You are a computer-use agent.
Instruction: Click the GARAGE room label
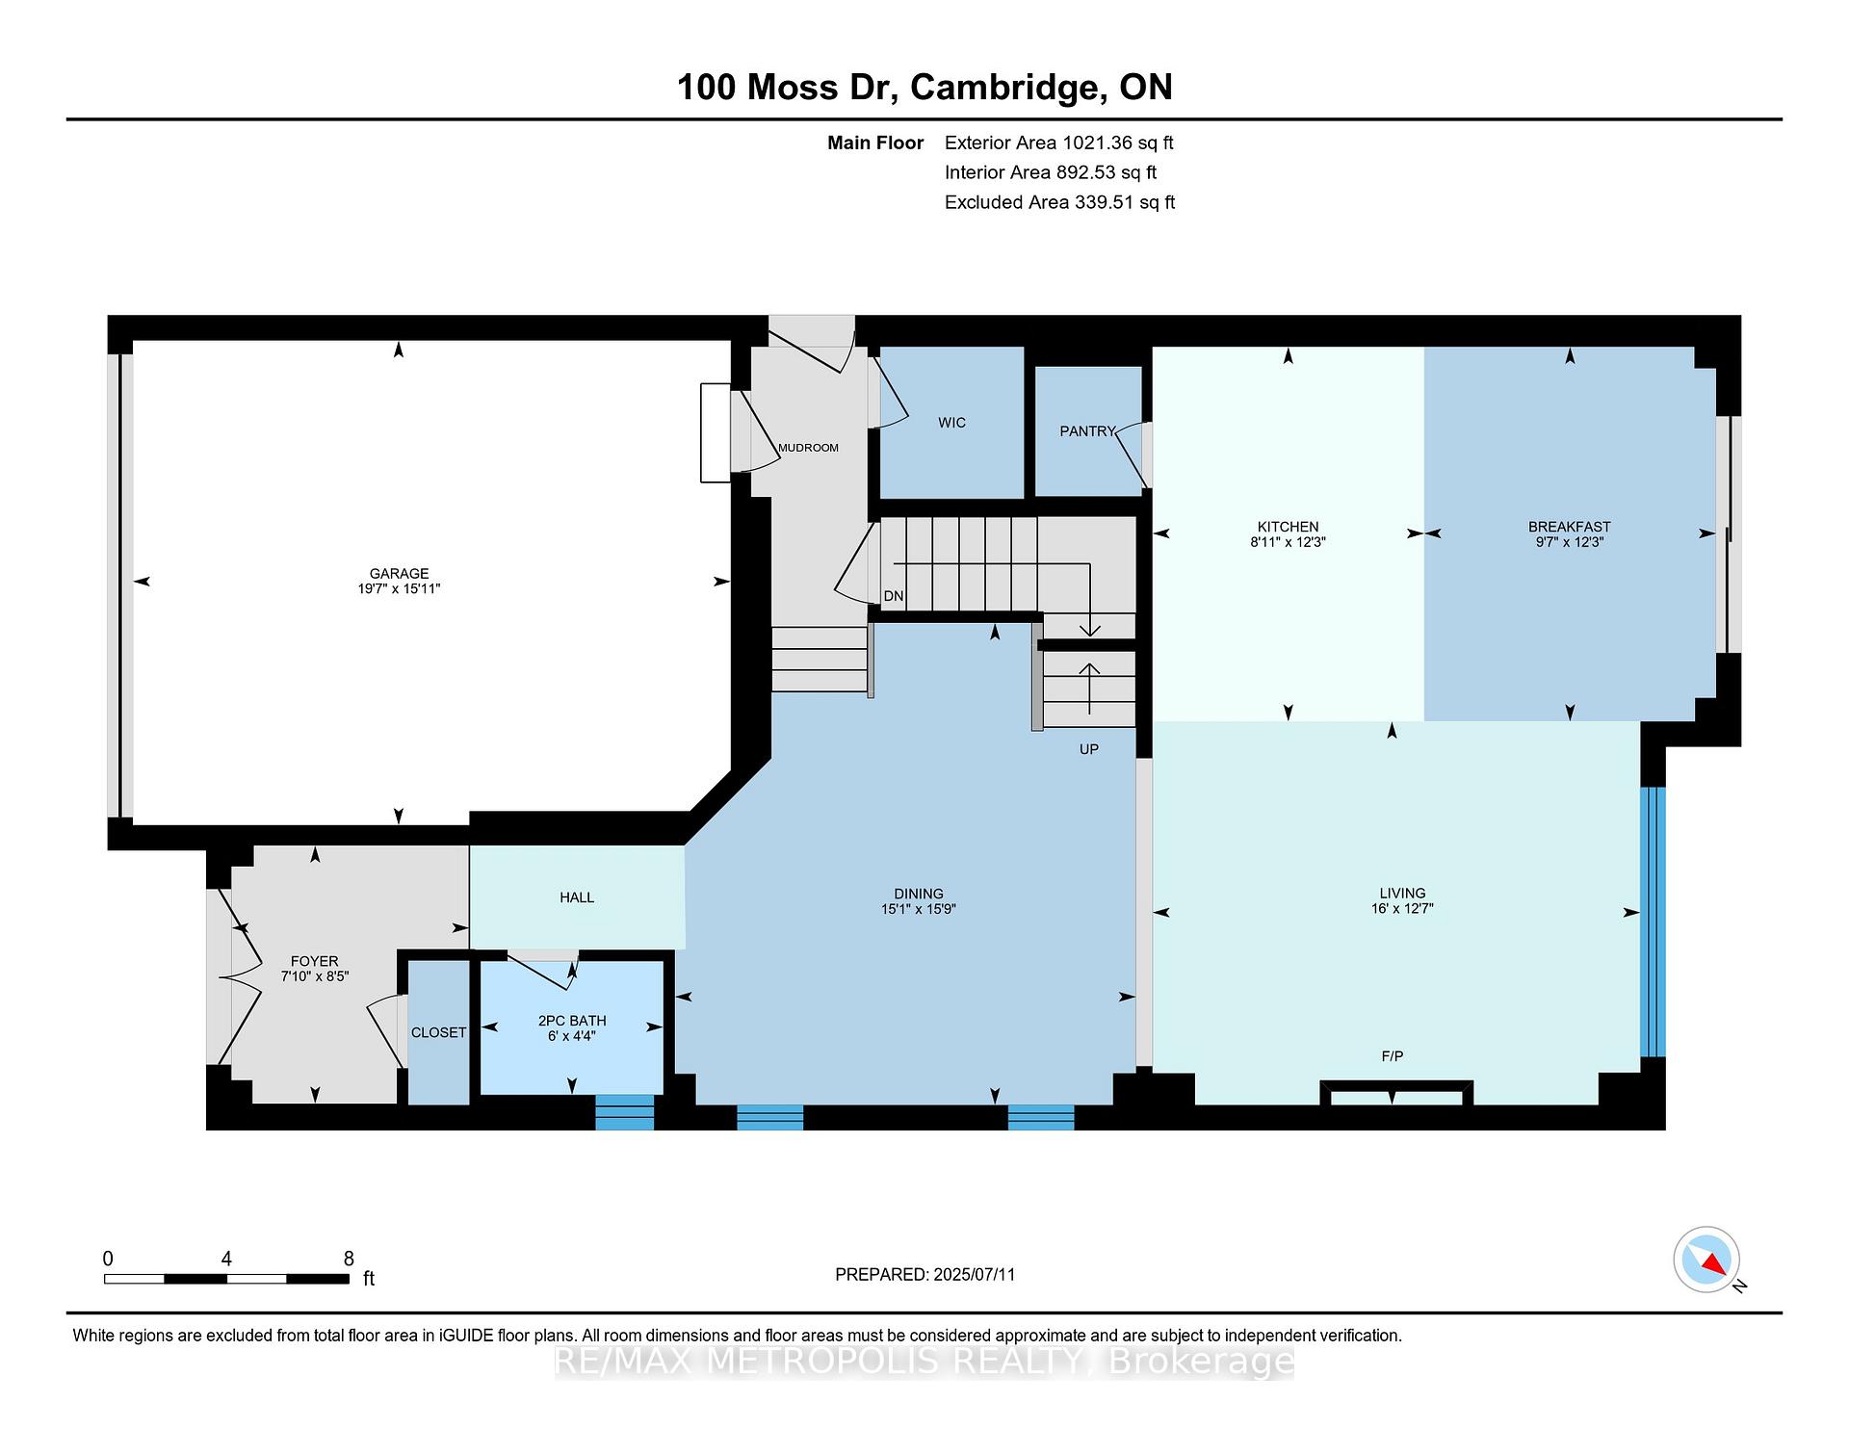[x=399, y=573]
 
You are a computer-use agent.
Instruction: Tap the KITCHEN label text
[x=1288, y=527]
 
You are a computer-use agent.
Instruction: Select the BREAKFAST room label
[x=1569, y=527]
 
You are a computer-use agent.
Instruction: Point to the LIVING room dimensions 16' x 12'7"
[x=1402, y=908]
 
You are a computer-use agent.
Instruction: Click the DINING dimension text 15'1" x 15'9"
[x=918, y=908]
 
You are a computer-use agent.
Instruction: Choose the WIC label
[x=951, y=423]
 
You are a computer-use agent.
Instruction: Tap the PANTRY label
[x=1087, y=431]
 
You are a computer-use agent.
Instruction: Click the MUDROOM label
[x=808, y=448]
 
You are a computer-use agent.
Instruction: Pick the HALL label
[x=577, y=897]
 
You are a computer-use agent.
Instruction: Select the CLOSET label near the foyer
[x=438, y=1032]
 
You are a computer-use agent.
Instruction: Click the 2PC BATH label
[x=572, y=1021]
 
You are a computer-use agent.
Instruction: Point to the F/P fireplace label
[x=1392, y=1056]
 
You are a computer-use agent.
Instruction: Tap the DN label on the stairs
[x=894, y=596]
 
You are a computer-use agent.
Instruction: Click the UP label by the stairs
[x=1088, y=749]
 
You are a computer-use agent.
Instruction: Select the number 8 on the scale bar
[x=349, y=1259]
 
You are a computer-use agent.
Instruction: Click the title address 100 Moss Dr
[x=787, y=88]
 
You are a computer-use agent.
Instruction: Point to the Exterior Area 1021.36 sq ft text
[x=1059, y=143]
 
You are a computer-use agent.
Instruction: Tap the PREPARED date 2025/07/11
[x=974, y=1274]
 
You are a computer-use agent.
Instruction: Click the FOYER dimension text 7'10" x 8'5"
[x=314, y=975]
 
